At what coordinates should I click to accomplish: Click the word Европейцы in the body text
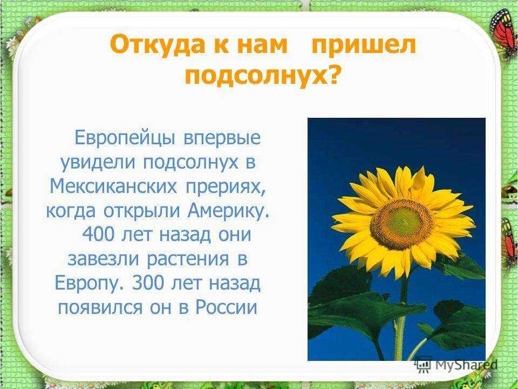pos(125,138)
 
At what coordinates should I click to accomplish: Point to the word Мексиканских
pos(113,186)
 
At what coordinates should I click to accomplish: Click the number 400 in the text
pos(98,235)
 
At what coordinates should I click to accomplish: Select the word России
pos(226,307)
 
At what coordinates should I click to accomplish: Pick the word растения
pos(187,260)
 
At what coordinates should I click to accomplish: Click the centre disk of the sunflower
pos(401,224)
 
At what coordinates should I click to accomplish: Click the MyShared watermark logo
pos(456,365)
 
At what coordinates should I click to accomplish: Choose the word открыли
pos(142,212)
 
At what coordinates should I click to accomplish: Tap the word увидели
pos(98,163)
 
